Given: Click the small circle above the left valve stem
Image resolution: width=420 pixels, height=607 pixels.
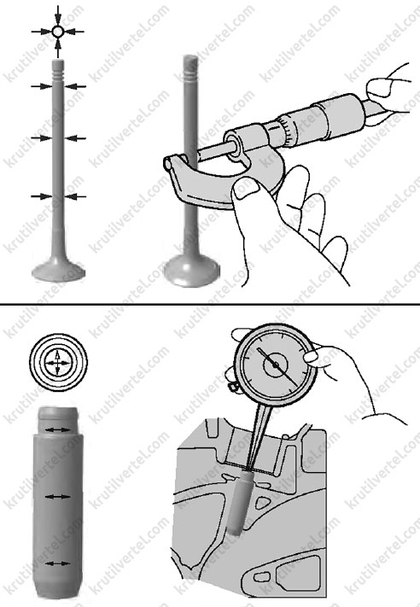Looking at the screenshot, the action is click(x=58, y=32).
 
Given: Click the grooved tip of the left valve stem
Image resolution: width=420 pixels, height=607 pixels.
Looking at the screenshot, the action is click(x=58, y=68).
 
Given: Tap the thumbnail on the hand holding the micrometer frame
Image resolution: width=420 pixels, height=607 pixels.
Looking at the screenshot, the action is click(x=247, y=190).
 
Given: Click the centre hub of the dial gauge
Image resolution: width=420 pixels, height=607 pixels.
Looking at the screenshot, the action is click(x=276, y=365).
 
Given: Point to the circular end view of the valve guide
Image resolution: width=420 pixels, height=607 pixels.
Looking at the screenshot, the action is click(x=58, y=363).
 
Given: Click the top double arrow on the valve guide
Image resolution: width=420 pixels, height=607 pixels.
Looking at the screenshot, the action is click(x=58, y=429).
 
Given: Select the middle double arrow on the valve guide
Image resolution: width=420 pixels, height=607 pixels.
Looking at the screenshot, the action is click(x=58, y=497).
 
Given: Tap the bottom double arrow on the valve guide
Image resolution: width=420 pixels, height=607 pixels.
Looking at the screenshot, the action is click(x=58, y=563).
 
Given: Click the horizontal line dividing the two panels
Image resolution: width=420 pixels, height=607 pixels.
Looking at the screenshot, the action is click(x=210, y=305).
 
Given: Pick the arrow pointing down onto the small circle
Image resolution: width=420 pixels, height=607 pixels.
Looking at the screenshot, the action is click(x=58, y=16).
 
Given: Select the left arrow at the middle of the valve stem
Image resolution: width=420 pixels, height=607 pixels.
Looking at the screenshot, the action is click(x=42, y=137).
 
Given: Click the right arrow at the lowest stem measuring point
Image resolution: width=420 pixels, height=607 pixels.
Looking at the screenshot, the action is click(x=75, y=196).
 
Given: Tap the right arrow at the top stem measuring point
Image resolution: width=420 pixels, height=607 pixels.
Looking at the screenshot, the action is click(x=75, y=86).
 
